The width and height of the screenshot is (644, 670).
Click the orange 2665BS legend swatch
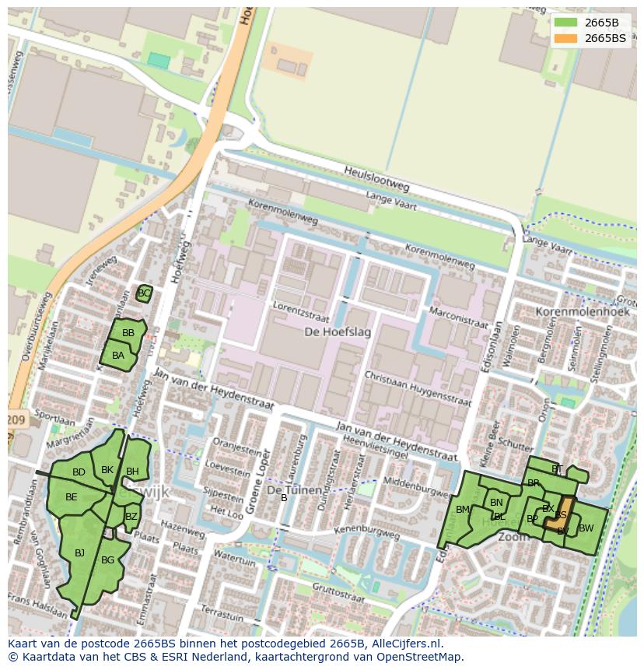[x=566, y=38]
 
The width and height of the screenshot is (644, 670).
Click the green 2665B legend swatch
[x=566, y=23]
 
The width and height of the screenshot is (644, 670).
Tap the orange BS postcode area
[x=563, y=514]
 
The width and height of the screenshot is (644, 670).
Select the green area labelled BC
[x=144, y=293]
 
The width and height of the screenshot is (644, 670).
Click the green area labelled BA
[x=118, y=356]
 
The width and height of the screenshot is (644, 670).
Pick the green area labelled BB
[x=128, y=333]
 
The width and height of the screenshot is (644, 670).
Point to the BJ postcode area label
[x=79, y=553]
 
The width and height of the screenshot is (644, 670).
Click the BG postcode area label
[x=107, y=560]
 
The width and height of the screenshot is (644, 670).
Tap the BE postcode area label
[x=72, y=497]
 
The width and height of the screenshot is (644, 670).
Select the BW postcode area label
[x=586, y=528]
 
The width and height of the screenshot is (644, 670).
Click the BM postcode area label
[x=463, y=510]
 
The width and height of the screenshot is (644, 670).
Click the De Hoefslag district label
[x=338, y=332]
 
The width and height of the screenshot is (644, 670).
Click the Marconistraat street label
[x=458, y=318]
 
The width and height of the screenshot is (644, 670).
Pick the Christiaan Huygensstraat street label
[x=418, y=388]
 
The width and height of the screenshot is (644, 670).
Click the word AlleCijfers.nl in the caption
[x=404, y=644]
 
